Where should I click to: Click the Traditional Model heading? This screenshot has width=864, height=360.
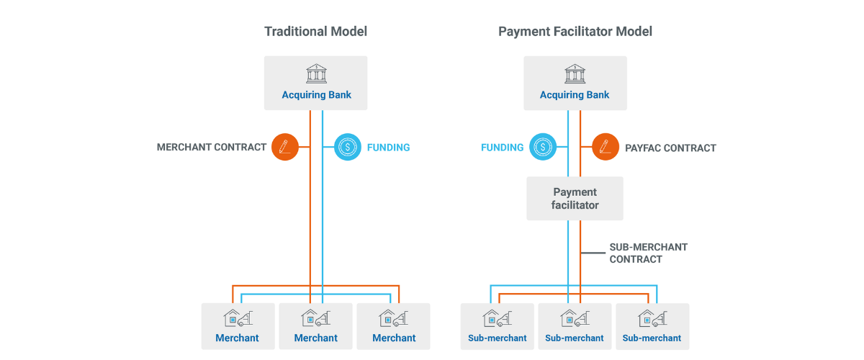pyautogui.click(x=315, y=32)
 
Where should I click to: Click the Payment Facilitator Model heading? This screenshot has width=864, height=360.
pyautogui.click(x=575, y=32)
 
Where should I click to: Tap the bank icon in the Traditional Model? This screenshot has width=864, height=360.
pyautogui.click(x=316, y=74)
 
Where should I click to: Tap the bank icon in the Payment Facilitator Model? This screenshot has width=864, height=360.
pyautogui.click(x=575, y=74)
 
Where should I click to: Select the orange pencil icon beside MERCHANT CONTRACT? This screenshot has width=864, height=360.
pyautogui.click(x=285, y=148)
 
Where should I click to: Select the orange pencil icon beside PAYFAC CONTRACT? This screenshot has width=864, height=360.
pyautogui.click(x=606, y=148)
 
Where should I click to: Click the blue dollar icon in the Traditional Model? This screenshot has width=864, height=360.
pyautogui.click(x=348, y=148)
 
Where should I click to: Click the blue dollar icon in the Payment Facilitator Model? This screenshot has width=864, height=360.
pyautogui.click(x=542, y=148)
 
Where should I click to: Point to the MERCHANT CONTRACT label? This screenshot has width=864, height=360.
pyautogui.click(x=212, y=148)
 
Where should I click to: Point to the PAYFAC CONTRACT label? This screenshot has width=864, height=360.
pyautogui.click(x=670, y=148)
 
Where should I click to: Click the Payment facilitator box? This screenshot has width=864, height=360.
pyautogui.click(x=575, y=199)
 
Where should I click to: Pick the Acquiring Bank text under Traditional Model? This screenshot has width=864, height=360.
pyautogui.click(x=316, y=95)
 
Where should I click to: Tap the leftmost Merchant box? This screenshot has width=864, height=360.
pyautogui.click(x=238, y=326)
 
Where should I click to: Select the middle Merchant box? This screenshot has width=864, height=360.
pyautogui.click(x=315, y=326)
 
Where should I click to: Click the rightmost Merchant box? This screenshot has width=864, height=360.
pyautogui.click(x=394, y=326)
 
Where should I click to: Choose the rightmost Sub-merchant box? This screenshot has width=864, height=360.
pyautogui.click(x=652, y=326)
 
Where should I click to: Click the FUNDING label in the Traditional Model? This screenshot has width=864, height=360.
pyautogui.click(x=388, y=148)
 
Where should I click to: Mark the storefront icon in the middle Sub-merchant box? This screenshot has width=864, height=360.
pyautogui.click(x=574, y=318)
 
